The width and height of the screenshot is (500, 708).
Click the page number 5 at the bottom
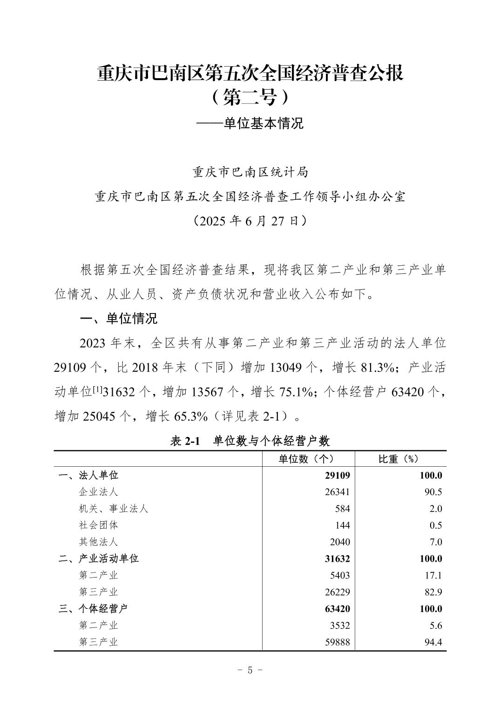[250, 670]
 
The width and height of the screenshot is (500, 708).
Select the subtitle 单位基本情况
[263, 123]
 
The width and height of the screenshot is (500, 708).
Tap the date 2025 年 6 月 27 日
[250, 220]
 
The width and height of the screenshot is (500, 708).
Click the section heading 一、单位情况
[119, 319]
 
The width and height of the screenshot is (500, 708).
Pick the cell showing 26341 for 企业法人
[337, 492]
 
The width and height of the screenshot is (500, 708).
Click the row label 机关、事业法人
[113, 509]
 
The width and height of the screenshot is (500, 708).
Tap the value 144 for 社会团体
[342, 525]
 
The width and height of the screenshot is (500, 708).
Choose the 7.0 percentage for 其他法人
[436, 542]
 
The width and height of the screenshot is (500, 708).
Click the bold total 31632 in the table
[337, 559]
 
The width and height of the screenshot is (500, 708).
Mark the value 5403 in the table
[339, 576]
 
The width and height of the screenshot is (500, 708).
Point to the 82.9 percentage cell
[433, 592]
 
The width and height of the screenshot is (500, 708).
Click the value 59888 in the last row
[337, 642]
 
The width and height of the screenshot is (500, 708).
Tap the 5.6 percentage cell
[436, 626]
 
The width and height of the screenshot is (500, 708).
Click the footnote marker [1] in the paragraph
[98, 389]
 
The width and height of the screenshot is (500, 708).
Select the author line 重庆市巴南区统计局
[250, 172]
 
